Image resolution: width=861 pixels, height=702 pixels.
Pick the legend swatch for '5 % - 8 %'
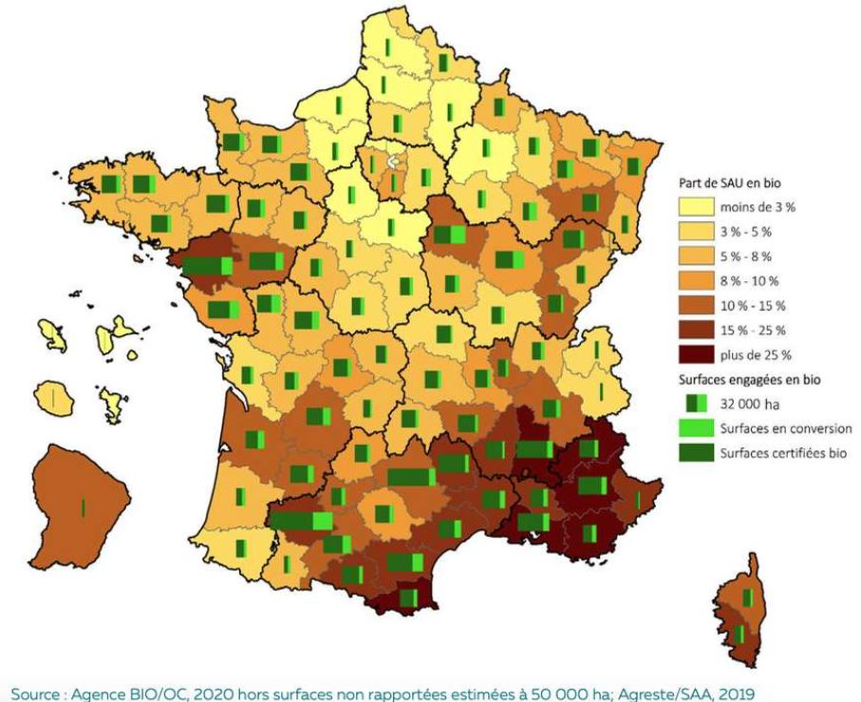tap(696, 256)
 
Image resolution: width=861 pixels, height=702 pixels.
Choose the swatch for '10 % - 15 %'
tap(696, 305)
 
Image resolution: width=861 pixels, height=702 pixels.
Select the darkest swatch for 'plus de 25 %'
tap(696, 354)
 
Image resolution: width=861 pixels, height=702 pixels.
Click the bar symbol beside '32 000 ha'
tap(696, 405)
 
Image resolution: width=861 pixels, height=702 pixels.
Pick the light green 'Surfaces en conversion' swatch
tap(696, 429)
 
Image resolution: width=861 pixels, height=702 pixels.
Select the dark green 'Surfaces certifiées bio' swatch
tap(696, 454)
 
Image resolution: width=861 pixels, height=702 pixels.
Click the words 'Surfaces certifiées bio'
tap(783, 454)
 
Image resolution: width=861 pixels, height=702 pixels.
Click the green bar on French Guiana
tap(84, 507)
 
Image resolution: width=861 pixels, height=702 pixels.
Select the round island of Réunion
tap(53, 395)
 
